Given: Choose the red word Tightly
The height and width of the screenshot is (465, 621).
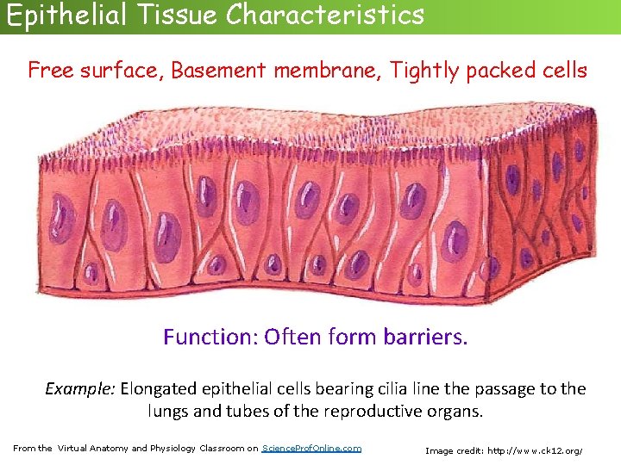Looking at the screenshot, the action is coord(424,71).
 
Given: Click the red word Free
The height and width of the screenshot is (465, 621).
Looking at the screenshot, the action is coord(49,71).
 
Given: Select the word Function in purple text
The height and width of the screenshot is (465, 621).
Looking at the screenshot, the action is coord(210,337).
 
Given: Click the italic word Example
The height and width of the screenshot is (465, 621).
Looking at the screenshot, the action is coord(80,389).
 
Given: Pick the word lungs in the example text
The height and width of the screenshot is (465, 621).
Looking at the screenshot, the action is coord(168,412).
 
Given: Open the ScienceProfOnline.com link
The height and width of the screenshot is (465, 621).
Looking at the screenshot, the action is coord(311,449).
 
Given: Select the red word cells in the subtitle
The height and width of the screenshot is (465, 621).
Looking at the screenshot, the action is coord(562,71).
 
